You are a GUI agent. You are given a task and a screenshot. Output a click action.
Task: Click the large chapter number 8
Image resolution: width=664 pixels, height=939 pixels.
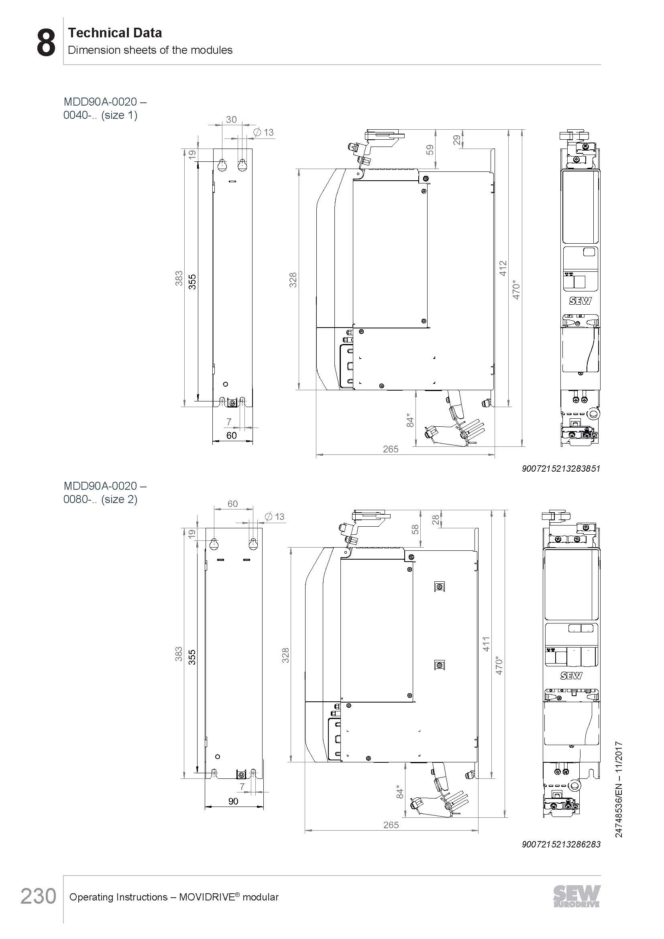(x=46, y=43)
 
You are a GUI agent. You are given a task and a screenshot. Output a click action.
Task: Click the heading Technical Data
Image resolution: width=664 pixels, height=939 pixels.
(x=115, y=33)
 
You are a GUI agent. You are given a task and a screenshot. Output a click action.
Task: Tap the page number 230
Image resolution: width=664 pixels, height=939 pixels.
(x=39, y=896)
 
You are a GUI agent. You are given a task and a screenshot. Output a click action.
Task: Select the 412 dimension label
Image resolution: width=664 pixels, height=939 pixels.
(x=503, y=268)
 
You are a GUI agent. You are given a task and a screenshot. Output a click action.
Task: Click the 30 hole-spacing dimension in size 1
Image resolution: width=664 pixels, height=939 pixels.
(x=231, y=119)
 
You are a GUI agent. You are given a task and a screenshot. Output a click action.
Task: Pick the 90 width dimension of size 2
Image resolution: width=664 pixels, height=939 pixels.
(x=233, y=801)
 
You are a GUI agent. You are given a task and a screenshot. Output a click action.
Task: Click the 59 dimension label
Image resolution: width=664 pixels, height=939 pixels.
(x=430, y=150)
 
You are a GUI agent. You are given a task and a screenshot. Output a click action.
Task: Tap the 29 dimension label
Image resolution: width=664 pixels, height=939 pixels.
(x=457, y=140)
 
